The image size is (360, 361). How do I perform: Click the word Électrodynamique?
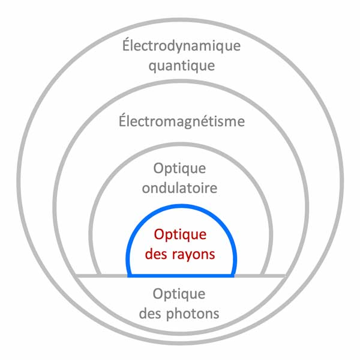point(179,46)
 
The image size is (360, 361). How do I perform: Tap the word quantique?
point(181,65)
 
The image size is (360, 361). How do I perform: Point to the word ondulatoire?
point(179,187)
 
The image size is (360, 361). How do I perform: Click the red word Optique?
point(180,235)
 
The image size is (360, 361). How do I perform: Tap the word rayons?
point(192,253)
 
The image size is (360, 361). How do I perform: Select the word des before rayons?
point(156,253)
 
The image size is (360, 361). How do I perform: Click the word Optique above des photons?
point(179,295)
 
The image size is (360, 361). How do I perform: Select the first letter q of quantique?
point(152,66)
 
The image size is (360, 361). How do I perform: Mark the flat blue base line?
point(180,276)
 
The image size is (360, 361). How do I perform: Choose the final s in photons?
point(216,314)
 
